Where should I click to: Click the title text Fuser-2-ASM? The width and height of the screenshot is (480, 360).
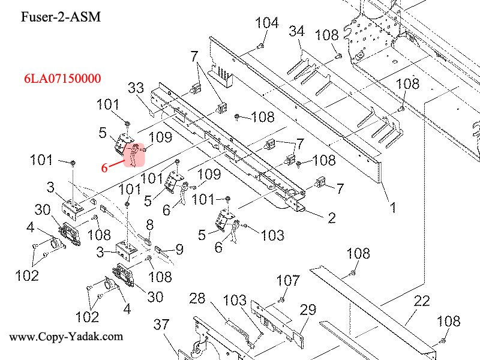(x=61, y=16)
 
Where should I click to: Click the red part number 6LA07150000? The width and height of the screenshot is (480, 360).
(x=62, y=79)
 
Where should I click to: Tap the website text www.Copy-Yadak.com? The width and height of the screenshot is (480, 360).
(x=66, y=337)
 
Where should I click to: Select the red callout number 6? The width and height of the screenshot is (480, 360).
(x=104, y=168)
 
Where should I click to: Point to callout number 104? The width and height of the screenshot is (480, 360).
(x=267, y=23)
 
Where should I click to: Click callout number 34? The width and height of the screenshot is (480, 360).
(x=296, y=31)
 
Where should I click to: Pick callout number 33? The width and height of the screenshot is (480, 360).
(x=136, y=89)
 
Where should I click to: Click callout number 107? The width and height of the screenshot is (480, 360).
(x=287, y=280)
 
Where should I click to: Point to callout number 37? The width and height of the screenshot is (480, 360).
(x=161, y=325)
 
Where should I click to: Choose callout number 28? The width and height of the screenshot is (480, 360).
(x=197, y=298)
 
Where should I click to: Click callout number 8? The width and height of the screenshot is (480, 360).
(x=149, y=224)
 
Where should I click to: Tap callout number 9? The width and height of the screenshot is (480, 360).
(x=179, y=249)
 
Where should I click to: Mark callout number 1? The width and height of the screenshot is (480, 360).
(x=393, y=208)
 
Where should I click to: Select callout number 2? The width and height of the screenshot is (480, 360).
(x=331, y=218)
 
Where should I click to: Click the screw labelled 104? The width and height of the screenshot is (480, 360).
(x=261, y=46)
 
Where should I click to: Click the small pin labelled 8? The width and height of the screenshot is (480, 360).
(x=147, y=236)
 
